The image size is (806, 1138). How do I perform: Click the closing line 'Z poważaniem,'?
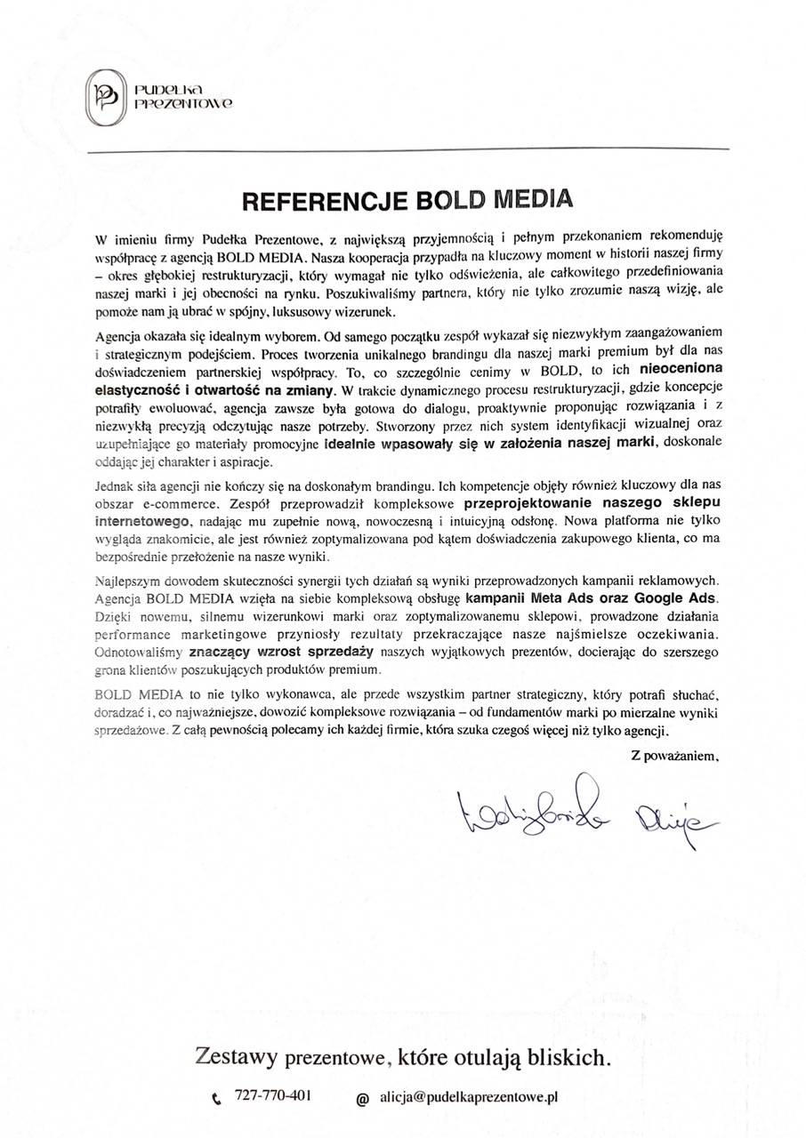673,756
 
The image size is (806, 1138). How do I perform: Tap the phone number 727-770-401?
272,1097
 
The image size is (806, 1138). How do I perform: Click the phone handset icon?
217,1099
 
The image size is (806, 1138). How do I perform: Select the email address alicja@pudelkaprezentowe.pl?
467,1098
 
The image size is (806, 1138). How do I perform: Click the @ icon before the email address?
362,1099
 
